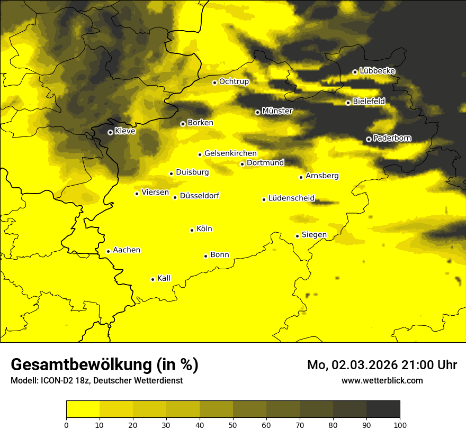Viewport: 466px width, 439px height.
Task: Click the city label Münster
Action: click(277, 111)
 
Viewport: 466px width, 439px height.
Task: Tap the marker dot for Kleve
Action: click(110, 132)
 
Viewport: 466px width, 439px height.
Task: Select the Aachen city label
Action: click(127, 250)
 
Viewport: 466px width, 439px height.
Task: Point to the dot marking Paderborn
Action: click(369, 139)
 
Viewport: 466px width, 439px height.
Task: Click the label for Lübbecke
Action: click(377, 71)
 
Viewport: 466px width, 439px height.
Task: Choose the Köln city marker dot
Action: click(192, 230)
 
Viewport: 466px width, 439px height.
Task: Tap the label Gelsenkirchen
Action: click(230, 153)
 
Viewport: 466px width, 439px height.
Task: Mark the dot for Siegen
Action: click(297, 236)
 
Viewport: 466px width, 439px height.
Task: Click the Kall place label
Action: click(164, 278)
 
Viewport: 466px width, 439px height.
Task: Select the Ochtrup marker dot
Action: click(214, 83)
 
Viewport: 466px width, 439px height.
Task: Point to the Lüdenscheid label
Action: click(291, 198)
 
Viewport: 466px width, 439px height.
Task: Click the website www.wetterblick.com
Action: click(382, 380)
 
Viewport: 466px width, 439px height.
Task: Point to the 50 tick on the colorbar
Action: click(233, 424)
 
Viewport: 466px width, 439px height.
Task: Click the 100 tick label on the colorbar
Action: click(400, 424)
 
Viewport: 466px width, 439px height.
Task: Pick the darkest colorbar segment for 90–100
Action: click(383, 409)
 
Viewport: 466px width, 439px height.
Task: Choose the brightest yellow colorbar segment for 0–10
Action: click(83, 409)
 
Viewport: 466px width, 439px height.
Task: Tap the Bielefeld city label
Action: click(369, 101)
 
